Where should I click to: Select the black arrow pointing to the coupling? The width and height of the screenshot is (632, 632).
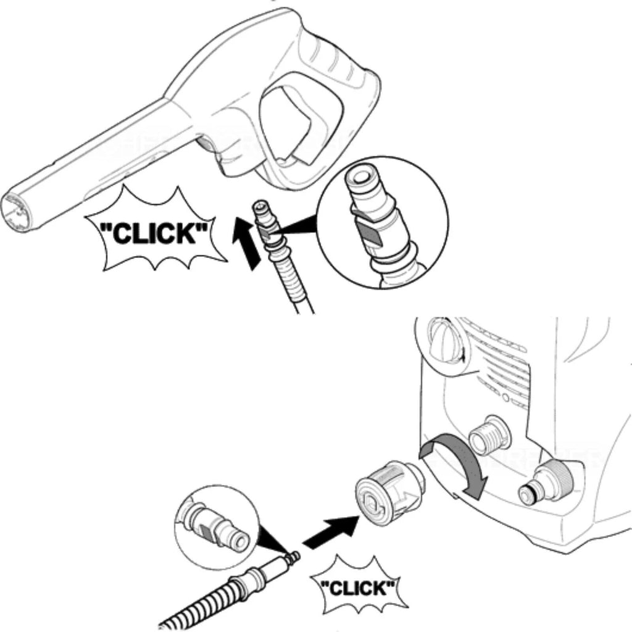330,533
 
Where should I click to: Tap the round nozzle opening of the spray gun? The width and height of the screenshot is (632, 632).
17,212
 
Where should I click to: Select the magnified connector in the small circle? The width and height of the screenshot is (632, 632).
214,525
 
